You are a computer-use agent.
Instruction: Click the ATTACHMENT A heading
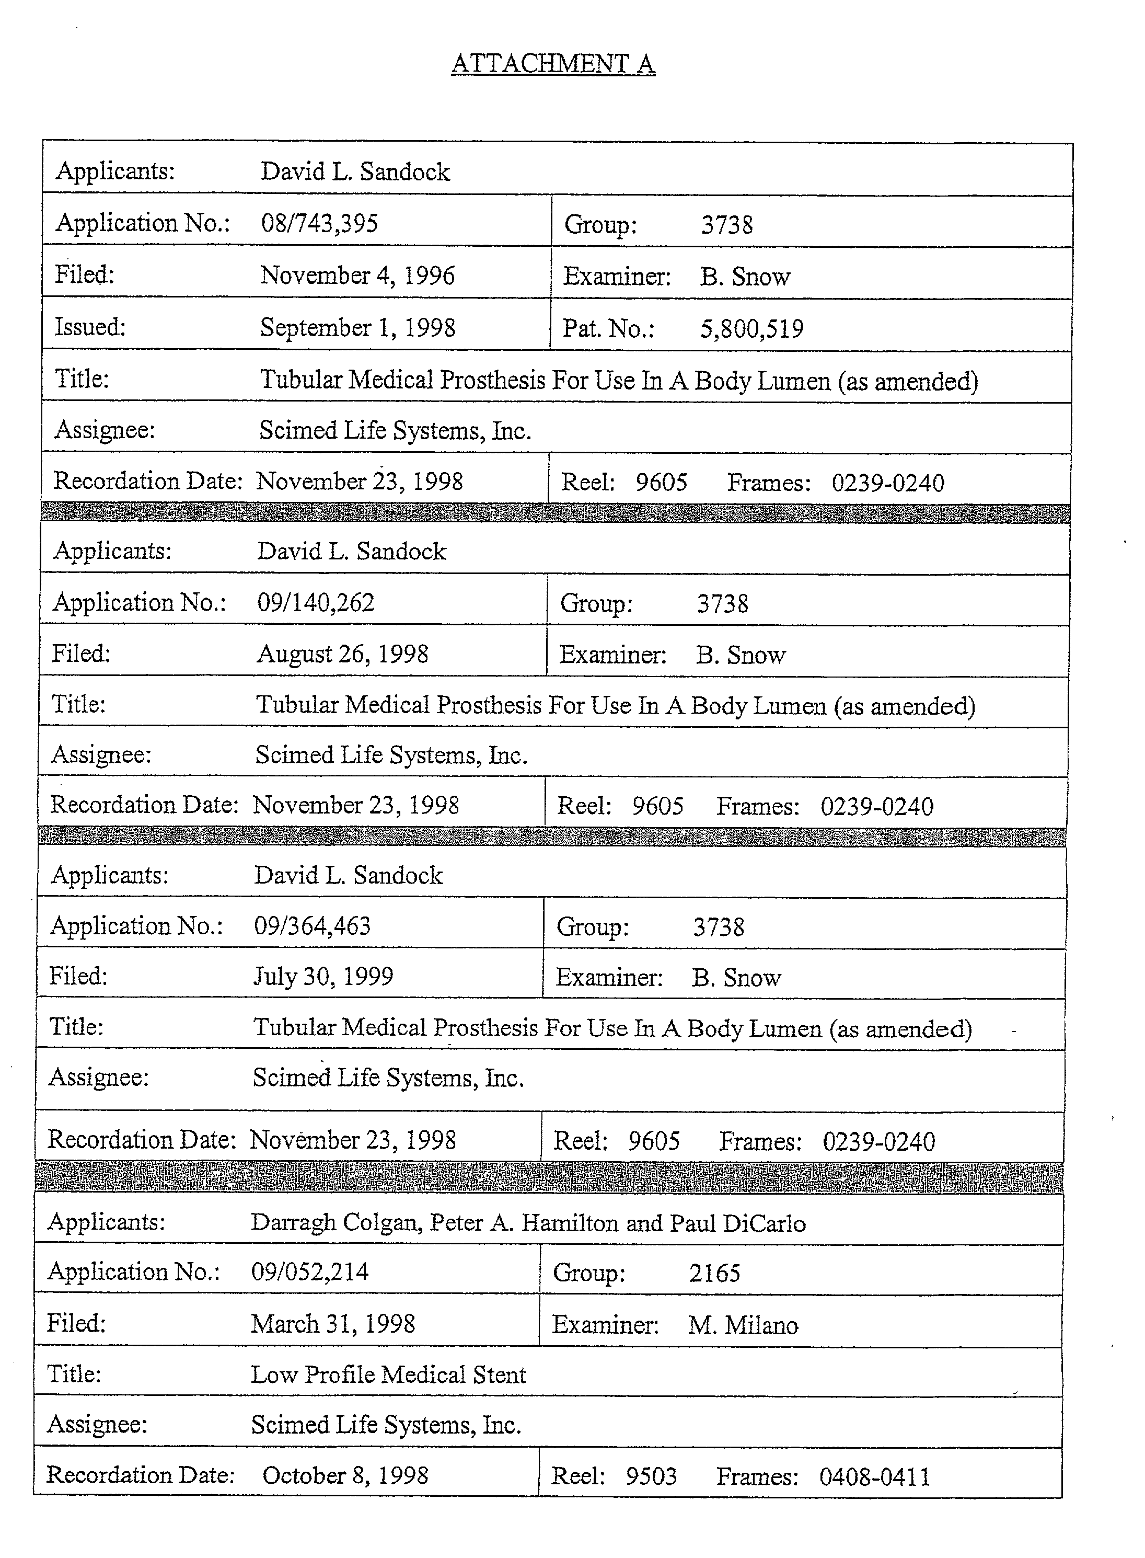point(552,64)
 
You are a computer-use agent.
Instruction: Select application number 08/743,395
point(319,223)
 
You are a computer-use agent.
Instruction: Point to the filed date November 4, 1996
point(357,276)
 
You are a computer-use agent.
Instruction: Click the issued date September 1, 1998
point(357,327)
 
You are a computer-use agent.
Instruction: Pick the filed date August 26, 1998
point(342,654)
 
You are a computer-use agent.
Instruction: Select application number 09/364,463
point(312,925)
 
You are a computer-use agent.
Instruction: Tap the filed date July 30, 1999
point(323,976)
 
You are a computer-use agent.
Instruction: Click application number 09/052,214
point(310,1271)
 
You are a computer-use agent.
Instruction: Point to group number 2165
point(714,1273)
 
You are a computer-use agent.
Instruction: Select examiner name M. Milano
point(743,1325)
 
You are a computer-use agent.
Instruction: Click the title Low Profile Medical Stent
point(388,1374)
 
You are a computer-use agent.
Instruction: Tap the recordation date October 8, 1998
point(345,1475)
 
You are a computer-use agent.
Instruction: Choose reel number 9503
point(651,1475)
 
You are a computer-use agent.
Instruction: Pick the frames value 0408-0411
point(875,1476)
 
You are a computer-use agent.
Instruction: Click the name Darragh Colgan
point(336,1222)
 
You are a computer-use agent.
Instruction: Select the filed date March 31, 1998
point(333,1324)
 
